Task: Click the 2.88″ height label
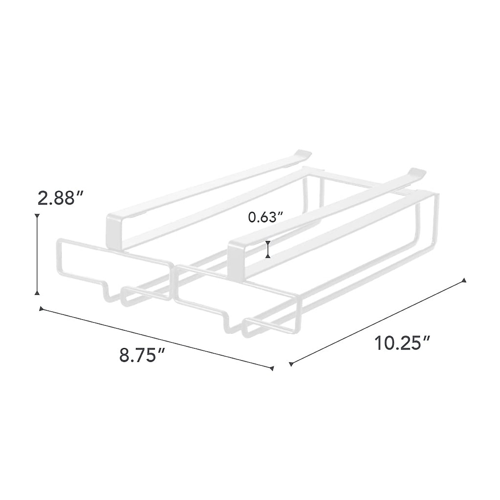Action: [x=61, y=198]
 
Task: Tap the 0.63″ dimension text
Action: [x=265, y=217]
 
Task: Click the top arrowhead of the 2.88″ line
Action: [x=37, y=216]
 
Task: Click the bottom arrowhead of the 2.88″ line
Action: [x=37, y=293]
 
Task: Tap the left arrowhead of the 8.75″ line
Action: [x=41, y=309]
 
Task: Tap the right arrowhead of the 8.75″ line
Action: [x=272, y=368]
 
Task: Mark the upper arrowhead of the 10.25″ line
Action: [x=464, y=281]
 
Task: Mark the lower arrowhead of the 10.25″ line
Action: [x=291, y=365]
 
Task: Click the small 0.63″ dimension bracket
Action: [x=268, y=250]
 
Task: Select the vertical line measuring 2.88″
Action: [x=37, y=254]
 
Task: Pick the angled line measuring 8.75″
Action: [x=156, y=338]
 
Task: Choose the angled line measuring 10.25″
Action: [x=377, y=322]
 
